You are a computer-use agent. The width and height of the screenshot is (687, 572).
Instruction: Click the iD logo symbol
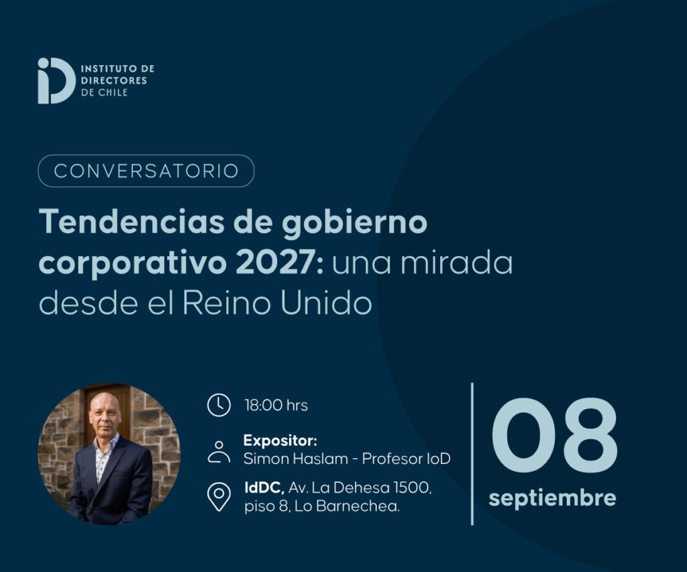(x=56, y=80)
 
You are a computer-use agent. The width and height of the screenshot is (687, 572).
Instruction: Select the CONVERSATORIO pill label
(x=146, y=171)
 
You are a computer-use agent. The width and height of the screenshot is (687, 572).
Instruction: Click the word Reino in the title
(x=226, y=302)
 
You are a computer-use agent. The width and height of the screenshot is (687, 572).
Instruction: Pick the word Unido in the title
(x=327, y=302)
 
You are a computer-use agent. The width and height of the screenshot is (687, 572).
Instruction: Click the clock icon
(x=219, y=405)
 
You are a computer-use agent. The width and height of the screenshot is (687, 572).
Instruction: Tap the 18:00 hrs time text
(x=276, y=406)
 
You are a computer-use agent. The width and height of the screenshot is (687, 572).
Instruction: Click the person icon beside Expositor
(x=219, y=452)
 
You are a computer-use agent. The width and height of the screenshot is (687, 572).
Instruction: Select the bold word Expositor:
(x=280, y=440)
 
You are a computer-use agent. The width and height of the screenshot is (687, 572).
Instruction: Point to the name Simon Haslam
(x=296, y=459)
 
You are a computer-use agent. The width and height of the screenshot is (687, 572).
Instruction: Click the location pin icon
(x=219, y=497)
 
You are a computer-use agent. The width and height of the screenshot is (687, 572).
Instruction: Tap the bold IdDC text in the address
(x=264, y=488)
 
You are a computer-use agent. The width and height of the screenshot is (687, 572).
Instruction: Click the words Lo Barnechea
(x=347, y=506)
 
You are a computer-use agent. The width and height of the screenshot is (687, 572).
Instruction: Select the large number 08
(x=554, y=435)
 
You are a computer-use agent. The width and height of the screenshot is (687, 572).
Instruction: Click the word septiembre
(x=553, y=498)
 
